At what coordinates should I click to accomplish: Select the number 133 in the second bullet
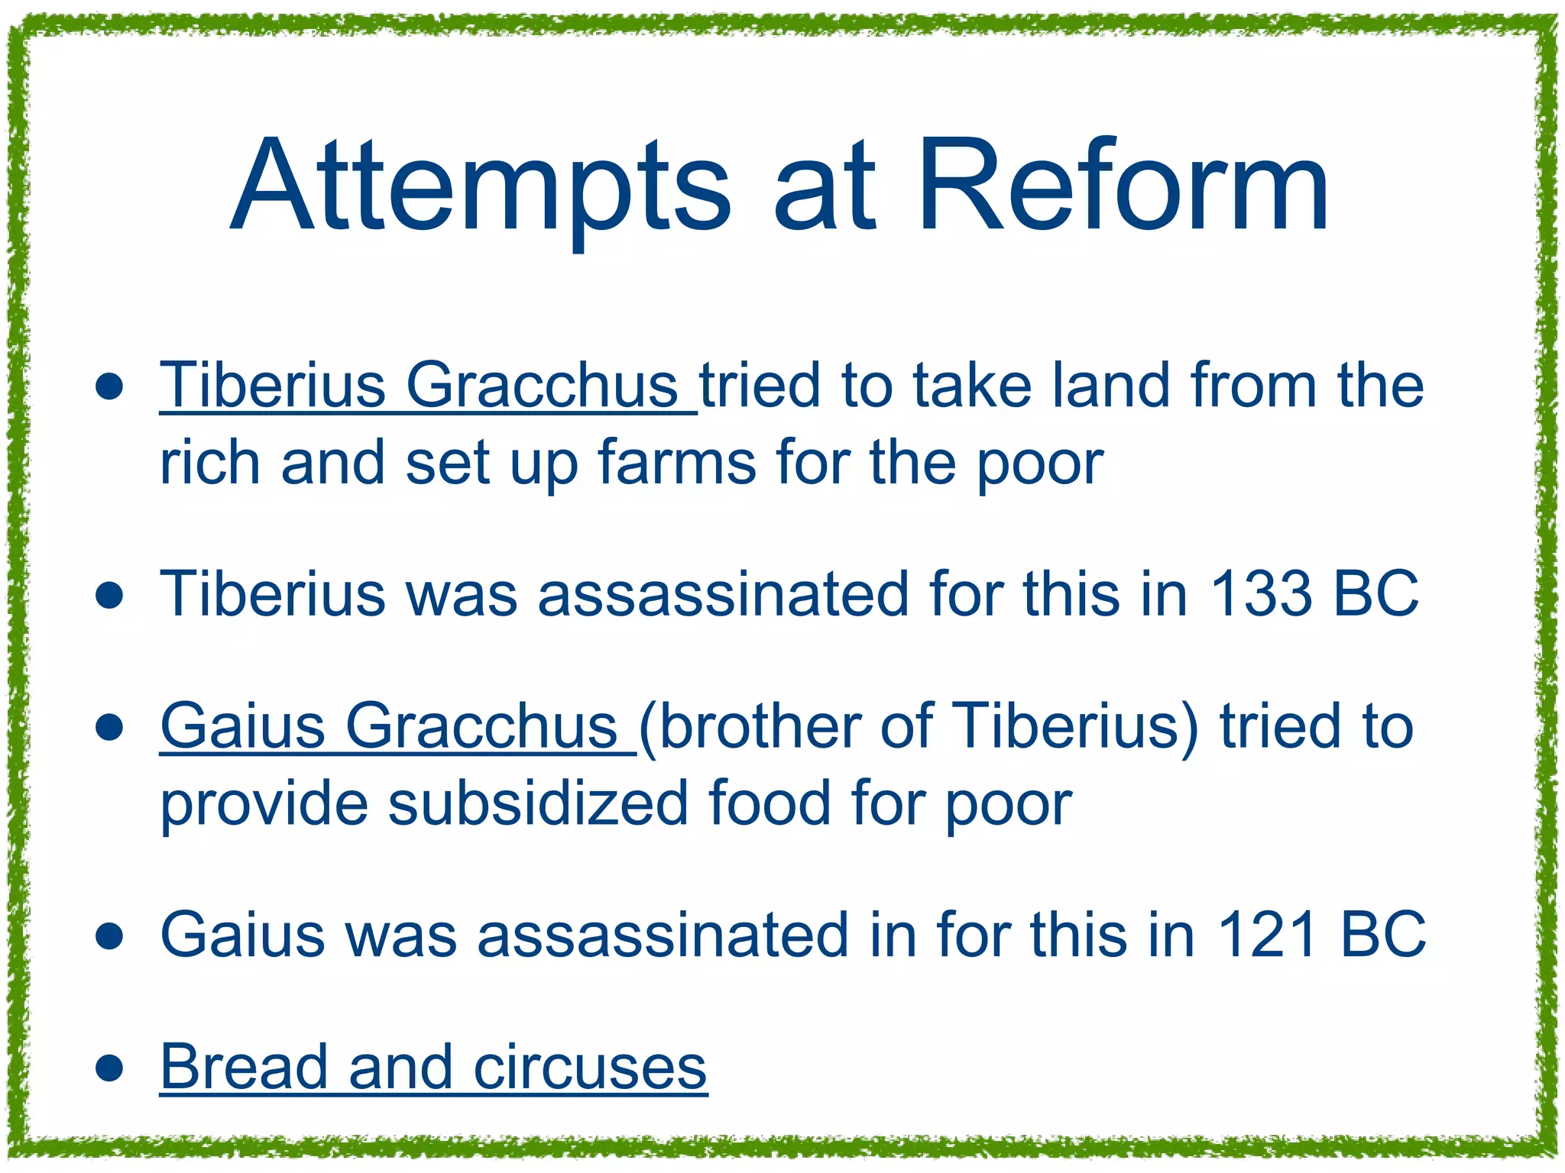[1260, 593]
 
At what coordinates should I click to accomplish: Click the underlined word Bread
[244, 1067]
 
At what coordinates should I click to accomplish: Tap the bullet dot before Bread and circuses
[110, 1068]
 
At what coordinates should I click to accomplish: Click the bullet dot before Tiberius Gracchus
[110, 386]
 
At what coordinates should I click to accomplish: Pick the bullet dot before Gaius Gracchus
[110, 727]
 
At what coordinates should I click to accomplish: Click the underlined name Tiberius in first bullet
[272, 385]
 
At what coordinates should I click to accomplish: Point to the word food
[769, 803]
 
